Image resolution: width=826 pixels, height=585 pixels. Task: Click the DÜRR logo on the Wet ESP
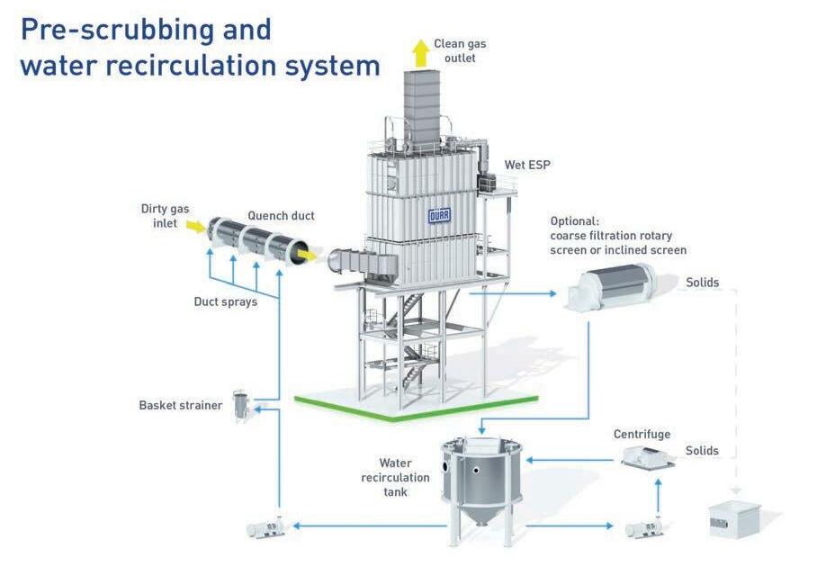click(x=439, y=216)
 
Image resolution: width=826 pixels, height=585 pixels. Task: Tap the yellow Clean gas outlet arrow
click(x=420, y=54)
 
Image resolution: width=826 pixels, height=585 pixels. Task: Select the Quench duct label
click(x=281, y=216)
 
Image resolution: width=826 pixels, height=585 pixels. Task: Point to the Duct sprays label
click(x=226, y=301)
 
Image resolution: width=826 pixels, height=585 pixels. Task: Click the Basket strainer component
click(x=241, y=406)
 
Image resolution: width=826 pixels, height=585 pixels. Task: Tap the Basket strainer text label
click(x=180, y=405)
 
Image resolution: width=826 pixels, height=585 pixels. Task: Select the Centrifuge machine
click(x=647, y=457)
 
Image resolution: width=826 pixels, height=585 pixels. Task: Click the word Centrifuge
click(x=642, y=435)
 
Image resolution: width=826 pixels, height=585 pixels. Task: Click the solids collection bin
click(x=733, y=518)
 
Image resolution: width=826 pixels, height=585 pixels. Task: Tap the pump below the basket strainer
click(x=266, y=526)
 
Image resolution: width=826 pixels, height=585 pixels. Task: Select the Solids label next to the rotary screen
click(x=702, y=283)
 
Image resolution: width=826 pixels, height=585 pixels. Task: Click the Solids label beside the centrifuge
click(x=702, y=451)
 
